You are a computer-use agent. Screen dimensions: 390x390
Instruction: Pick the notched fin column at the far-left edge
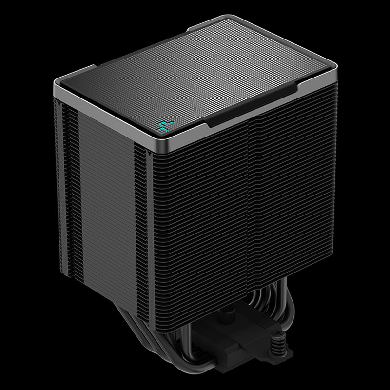pos(61,185)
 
